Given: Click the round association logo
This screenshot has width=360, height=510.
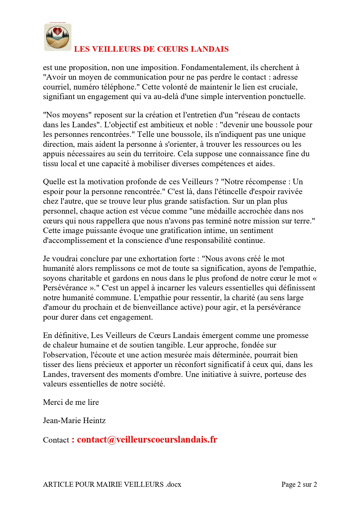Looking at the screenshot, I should [58, 37].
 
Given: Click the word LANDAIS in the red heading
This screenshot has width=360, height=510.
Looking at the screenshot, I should [209, 49].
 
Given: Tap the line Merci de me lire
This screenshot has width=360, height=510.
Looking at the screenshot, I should [71, 402].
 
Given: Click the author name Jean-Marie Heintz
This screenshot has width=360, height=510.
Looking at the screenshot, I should [74, 420].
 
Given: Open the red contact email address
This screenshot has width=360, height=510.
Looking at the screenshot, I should [147, 439].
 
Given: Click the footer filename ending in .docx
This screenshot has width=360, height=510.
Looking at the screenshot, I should [112, 484].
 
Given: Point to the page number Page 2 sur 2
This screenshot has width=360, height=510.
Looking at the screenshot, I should [299, 484].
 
